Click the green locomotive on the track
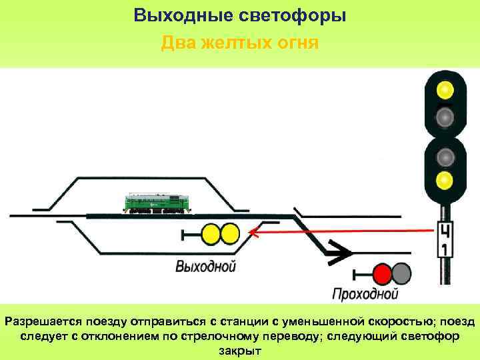click(x=155, y=203)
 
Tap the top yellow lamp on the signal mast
click(x=445, y=89)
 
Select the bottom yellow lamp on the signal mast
click(x=445, y=179)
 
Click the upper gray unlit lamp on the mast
click(x=445, y=117)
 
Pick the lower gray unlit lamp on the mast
click(x=445, y=157)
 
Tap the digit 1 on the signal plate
click(x=444, y=249)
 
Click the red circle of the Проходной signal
click(x=382, y=273)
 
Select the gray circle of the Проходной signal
click(x=401, y=273)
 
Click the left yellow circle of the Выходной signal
click(x=211, y=233)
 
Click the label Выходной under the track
click(x=206, y=267)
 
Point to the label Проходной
click(x=365, y=294)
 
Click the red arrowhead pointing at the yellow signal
click(x=253, y=233)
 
